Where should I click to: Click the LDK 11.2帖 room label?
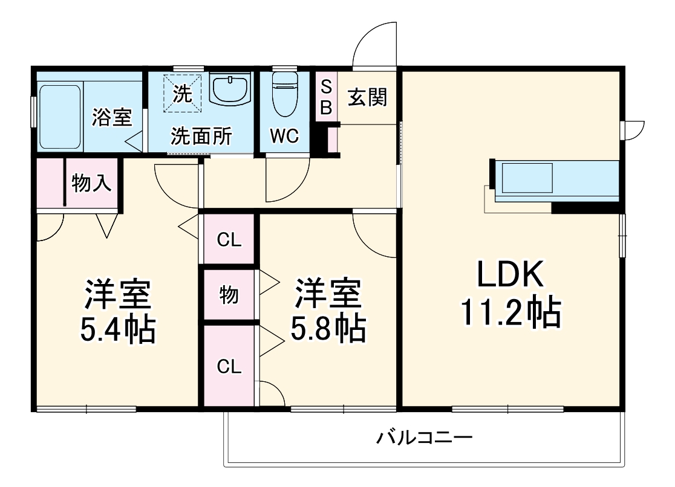(x=511, y=294)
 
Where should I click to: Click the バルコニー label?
(x=424, y=437)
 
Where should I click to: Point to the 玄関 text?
(x=367, y=97)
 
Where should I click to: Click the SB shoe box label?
(x=326, y=97)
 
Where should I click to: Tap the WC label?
(x=284, y=137)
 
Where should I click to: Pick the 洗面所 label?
(x=201, y=137)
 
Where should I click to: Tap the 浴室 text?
(x=112, y=117)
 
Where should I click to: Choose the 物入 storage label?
(x=91, y=182)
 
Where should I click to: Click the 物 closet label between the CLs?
(x=228, y=295)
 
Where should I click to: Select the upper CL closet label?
(x=229, y=240)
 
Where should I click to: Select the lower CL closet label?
(x=229, y=366)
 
